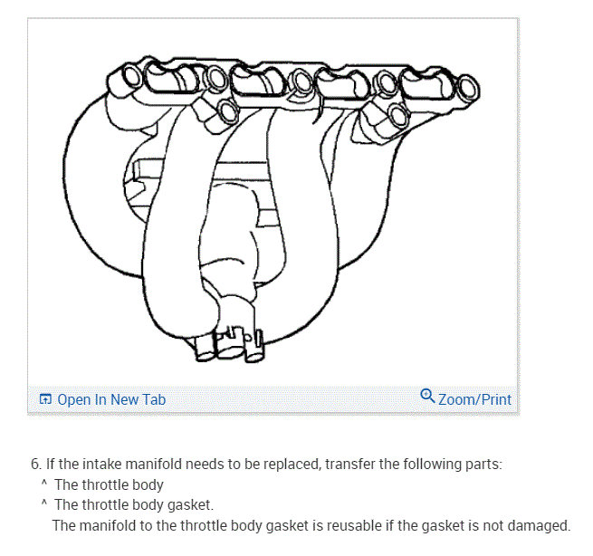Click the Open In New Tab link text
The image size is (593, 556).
click(x=111, y=399)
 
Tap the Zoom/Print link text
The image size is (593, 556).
click(x=474, y=399)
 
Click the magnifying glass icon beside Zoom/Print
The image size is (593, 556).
click(x=427, y=396)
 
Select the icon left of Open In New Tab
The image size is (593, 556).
click(x=45, y=399)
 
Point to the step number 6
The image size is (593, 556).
click(x=35, y=465)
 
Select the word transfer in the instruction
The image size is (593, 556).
click(x=349, y=465)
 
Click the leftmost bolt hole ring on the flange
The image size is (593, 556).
click(x=132, y=76)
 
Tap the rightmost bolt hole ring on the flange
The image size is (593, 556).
click(x=469, y=87)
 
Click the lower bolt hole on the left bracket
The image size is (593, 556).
click(x=228, y=111)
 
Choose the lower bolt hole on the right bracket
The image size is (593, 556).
click(x=398, y=115)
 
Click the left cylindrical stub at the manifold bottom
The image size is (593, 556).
click(x=205, y=347)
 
